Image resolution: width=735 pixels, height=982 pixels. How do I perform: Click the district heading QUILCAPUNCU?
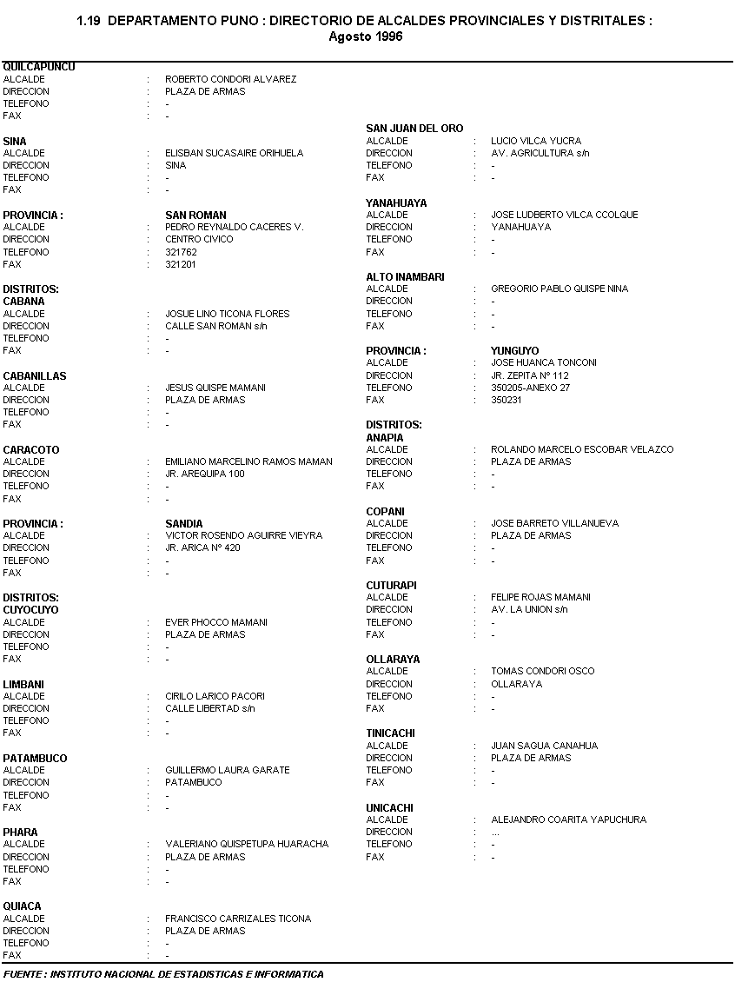pos(39,67)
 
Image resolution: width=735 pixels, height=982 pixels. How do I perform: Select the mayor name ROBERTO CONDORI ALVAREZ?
pos(230,79)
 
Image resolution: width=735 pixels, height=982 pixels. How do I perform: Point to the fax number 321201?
pos(181,264)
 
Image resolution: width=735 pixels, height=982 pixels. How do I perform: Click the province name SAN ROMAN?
pos(195,215)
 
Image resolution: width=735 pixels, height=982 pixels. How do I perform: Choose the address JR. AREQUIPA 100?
pos(205,474)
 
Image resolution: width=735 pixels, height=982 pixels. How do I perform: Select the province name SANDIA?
pos(184,524)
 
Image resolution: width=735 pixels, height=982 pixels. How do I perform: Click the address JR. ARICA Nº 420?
pos(202,547)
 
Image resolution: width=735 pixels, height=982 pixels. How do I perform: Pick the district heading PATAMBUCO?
pos(35,758)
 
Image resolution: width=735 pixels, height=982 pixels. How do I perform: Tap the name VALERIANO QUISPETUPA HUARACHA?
pos(247,844)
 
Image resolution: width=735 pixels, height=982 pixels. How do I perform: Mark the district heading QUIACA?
pos(22,906)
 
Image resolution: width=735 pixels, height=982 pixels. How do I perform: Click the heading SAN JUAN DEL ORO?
pos(414,129)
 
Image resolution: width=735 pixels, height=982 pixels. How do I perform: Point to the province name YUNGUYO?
pos(514,351)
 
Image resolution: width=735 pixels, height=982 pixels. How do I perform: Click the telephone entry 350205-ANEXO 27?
pos(530,388)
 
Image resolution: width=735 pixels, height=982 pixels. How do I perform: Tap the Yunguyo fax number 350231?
pos(507,400)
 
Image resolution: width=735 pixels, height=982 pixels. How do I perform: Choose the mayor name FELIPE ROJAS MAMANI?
pos(540,597)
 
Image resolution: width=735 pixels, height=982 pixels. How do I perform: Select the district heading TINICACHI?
pos(390,733)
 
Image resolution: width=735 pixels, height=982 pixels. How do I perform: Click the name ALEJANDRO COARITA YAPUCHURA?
pos(568,819)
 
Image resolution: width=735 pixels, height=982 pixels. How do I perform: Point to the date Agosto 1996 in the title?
pos(366,36)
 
